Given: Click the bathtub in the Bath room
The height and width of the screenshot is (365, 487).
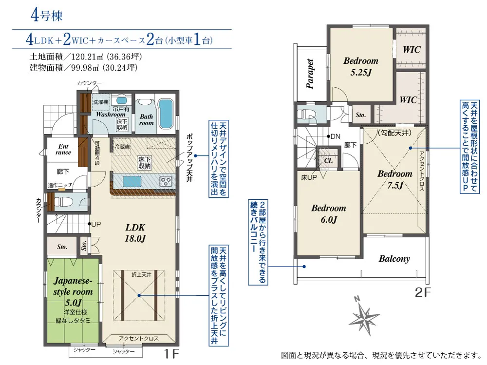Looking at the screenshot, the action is (x=166, y=114).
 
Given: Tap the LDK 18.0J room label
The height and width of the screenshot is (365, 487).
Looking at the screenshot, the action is (x=135, y=233).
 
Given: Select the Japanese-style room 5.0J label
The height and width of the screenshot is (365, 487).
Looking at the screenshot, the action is (x=74, y=291).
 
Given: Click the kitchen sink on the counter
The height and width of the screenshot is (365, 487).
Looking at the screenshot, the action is (x=131, y=182).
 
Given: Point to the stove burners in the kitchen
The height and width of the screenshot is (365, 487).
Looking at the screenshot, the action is (x=166, y=181).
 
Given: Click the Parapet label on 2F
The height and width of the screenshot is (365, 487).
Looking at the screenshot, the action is (x=310, y=74).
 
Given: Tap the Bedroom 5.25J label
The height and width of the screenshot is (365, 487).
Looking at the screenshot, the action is (x=361, y=67).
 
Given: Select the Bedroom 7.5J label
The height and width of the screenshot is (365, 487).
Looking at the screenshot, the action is (x=395, y=179).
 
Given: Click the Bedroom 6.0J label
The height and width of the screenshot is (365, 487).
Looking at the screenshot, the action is (x=329, y=214).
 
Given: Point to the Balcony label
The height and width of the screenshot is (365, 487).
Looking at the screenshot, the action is (x=394, y=259).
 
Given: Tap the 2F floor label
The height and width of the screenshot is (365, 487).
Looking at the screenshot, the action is (x=423, y=292).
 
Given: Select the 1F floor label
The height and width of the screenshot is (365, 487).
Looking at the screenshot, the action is (x=171, y=353).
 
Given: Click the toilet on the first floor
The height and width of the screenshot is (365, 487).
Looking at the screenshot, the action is (x=64, y=202).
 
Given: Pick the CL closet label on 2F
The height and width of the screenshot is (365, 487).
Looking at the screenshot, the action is (x=328, y=161).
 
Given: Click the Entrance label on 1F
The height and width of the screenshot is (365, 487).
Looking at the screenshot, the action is (x=63, y=149).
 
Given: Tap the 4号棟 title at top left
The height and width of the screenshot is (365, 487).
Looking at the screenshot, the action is (x=47, y=15).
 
